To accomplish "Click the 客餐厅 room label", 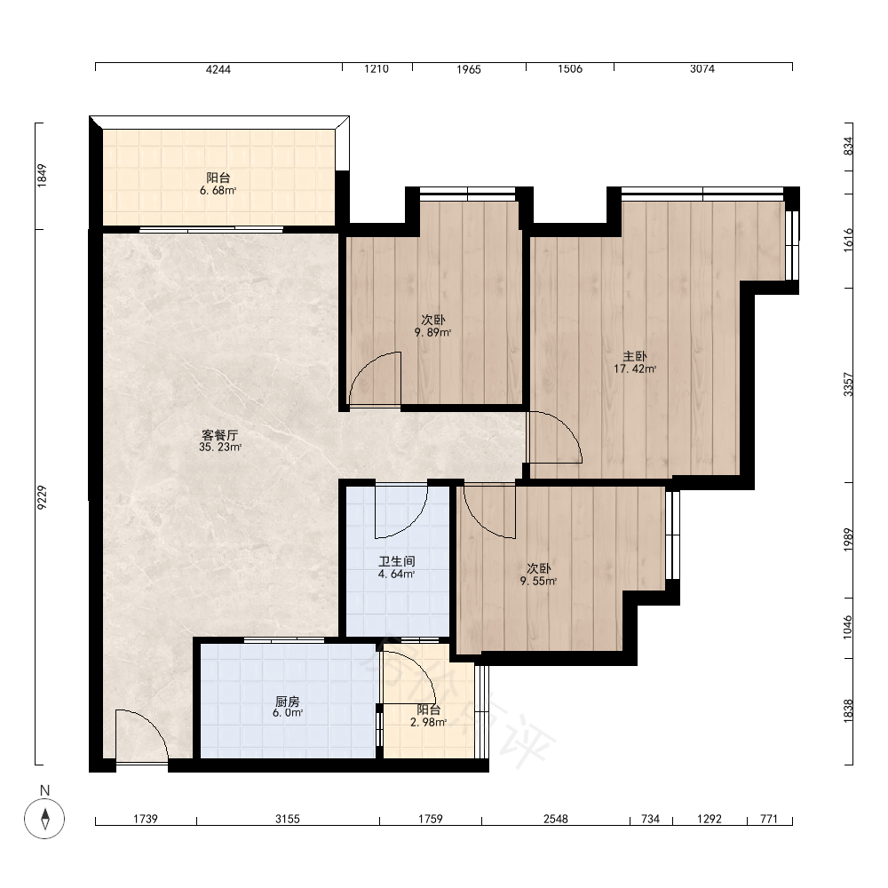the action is coord(219,435).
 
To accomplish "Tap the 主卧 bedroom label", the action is coord(635,356).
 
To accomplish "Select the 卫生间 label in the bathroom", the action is coord(397,561).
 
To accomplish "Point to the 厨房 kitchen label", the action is coord(288,702).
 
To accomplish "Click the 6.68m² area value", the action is coord(218,191).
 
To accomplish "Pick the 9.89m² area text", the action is coord(433,332).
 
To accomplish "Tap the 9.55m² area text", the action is coord(539,581).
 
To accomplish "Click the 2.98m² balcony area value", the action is coord(429,722).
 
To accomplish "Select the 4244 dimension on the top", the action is coord(218,69).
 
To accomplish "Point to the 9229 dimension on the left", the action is coord(42,497).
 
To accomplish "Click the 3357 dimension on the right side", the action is coord(848,385).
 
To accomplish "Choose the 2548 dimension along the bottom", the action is coord(556,819).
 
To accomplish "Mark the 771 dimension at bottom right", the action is coord(769,819).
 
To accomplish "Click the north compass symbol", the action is coord(44,819).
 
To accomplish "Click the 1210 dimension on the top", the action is coord(377,69).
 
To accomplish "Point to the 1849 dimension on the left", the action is coord(42,176).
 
